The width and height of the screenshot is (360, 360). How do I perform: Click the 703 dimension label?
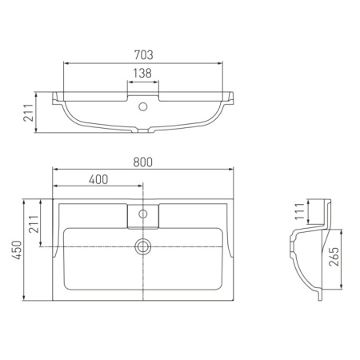coord(143,55)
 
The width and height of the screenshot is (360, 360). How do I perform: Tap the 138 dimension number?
coord(142,73)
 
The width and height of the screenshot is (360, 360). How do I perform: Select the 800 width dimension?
coord(143,162)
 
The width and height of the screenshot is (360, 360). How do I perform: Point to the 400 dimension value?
coord(98,180)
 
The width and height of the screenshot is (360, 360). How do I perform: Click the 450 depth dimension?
coord(17,250)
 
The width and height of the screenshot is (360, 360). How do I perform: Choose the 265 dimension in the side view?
coord(334,257)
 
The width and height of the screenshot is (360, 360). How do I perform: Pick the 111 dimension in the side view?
coord(300,211)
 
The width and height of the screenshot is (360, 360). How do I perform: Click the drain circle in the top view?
coord(143,246)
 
